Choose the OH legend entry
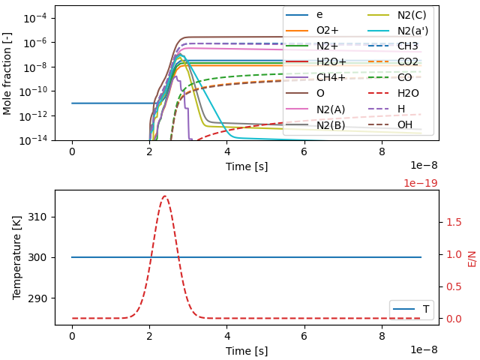[405, 125]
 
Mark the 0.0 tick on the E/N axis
[453, 319]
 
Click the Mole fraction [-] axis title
[7, 72]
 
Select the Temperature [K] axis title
[16, 257]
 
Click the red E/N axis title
[472, 257]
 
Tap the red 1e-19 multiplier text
[420, 183]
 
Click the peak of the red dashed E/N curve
[165, 196]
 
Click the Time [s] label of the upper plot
[247, 166]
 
